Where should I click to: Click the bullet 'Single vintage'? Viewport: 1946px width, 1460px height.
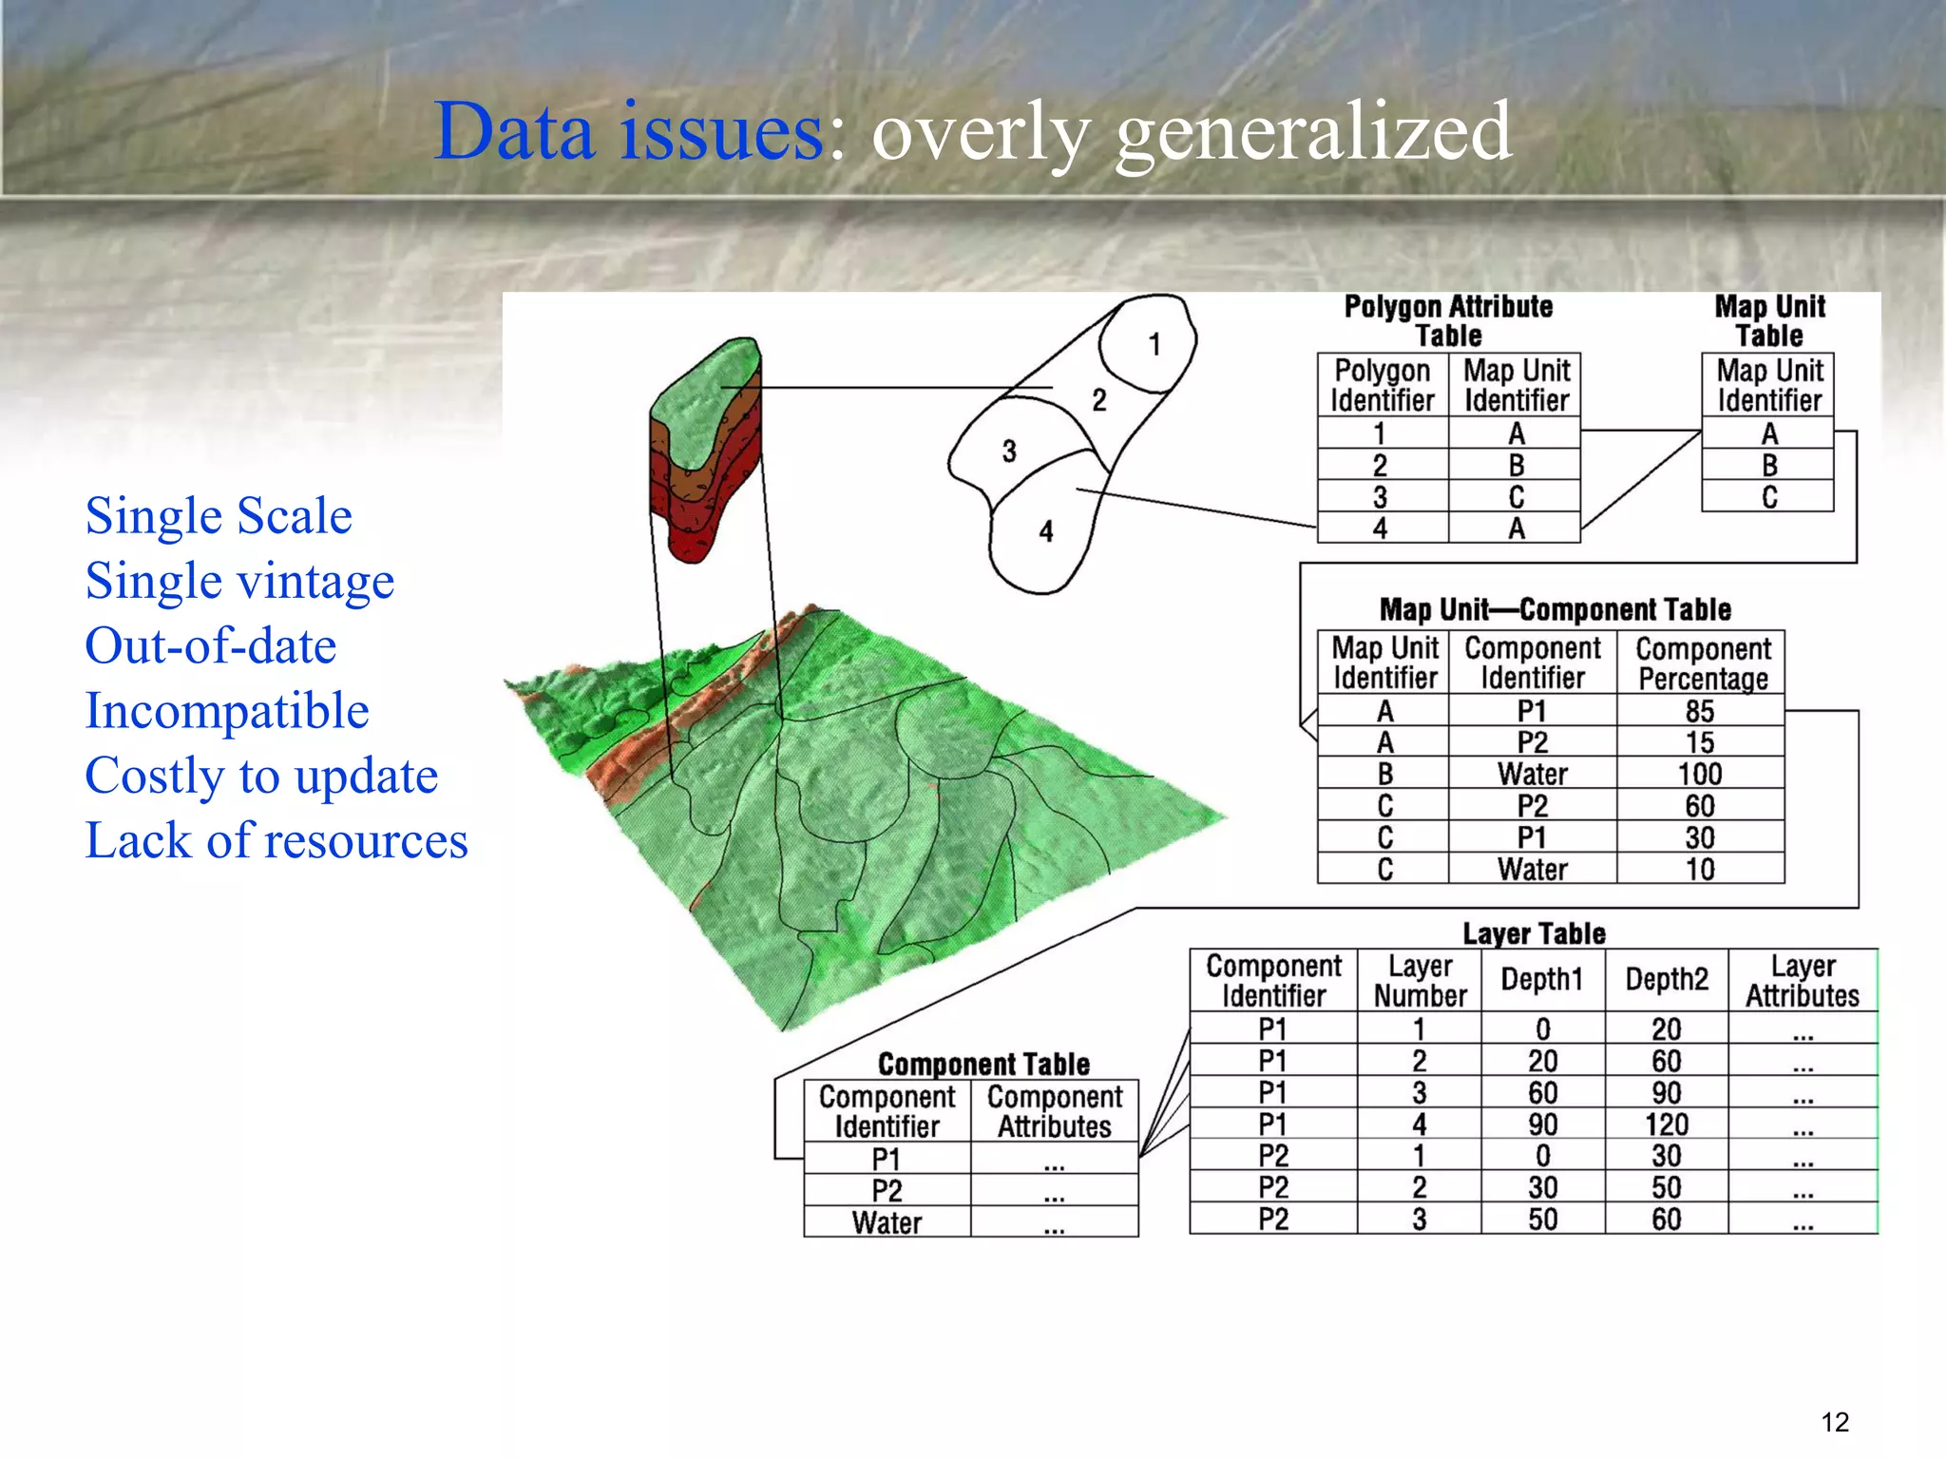pyautogui.click(x=239, y=581)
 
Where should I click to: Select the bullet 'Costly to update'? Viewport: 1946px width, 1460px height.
pyautogui.click(x=261, y=776)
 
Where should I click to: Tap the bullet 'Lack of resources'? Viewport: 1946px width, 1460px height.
pyautogui.click(x=277, y=840)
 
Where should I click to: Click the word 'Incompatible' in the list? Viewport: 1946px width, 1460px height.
pyautogui.click(x=227, y=710)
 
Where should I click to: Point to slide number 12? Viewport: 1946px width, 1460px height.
pyautogui.click(x=1835, y=1422)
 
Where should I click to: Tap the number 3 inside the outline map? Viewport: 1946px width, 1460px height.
pyautogui.click(x=1009, y=451)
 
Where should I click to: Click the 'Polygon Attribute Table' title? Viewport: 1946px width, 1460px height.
pyautogui.click(x=1448, y=321)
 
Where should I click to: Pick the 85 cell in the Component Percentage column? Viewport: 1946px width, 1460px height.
pyautogui.click(x=1700, y=711)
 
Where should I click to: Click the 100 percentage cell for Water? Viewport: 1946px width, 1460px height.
pyautogui.click(x=1700, y=774)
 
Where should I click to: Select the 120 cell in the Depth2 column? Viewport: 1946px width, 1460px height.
pyautogui.click(x=1666, y=1124)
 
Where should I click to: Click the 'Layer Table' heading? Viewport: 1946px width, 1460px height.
pyautogui.click(x=1534, y=933)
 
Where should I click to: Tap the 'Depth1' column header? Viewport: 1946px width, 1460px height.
pyautogui.click(x=1541, y=979)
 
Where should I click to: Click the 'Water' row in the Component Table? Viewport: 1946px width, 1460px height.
pyautogui.click(x=887, y=1222)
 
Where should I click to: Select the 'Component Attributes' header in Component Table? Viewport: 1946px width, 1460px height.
pyautogui.click(x=1054, y=1111)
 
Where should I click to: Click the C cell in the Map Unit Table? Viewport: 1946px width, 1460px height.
pyautogui.click(x=1768, y=497)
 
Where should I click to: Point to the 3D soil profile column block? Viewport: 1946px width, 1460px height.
pyautogui.click(x=705, y=447)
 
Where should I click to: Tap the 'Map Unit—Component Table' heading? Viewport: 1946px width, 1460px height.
pyautogui.click(x=1555, y=609)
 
